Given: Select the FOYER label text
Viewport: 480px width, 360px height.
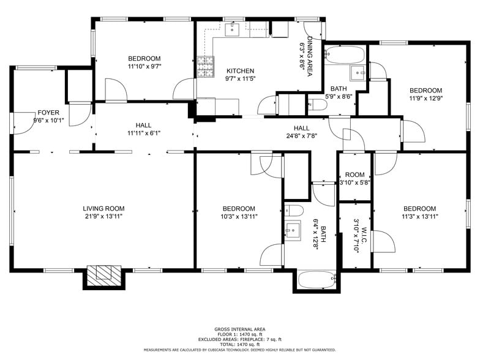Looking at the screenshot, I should click(48, 113).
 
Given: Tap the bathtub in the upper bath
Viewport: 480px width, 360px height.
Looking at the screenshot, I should click(345, 54).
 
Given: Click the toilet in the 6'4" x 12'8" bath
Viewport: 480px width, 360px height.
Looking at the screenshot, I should click(294, 211).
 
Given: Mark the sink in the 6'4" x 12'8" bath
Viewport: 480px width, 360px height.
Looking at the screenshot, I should click(293, 231).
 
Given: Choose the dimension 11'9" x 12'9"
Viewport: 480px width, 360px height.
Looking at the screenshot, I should click(426, 98).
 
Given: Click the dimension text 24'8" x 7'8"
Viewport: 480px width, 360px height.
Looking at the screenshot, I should click(301, 136).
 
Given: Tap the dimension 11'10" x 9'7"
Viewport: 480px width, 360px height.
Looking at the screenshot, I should click(144, 66).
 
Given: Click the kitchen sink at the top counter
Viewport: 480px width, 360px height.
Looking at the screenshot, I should click(233, 29).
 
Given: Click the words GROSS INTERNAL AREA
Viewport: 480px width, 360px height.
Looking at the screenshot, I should click(239, 329).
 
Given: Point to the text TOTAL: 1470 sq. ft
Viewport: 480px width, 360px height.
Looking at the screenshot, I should click(239, 343).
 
